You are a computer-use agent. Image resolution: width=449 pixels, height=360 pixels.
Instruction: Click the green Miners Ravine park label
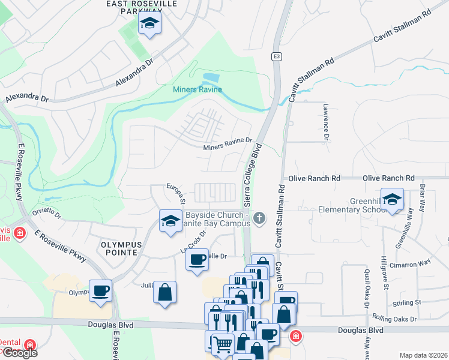tap(197, 90)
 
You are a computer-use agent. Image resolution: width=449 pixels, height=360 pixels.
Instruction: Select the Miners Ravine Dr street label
tap(228, 144)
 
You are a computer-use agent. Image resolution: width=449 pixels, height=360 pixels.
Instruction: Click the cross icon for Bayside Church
tap(259, 217)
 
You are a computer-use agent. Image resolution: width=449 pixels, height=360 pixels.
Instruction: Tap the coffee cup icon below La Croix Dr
tap(197, 260)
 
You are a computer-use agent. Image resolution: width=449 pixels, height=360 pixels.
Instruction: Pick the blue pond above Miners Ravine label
tap(211, 79)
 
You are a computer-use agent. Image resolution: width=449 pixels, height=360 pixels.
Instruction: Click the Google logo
tap(19, 353)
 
